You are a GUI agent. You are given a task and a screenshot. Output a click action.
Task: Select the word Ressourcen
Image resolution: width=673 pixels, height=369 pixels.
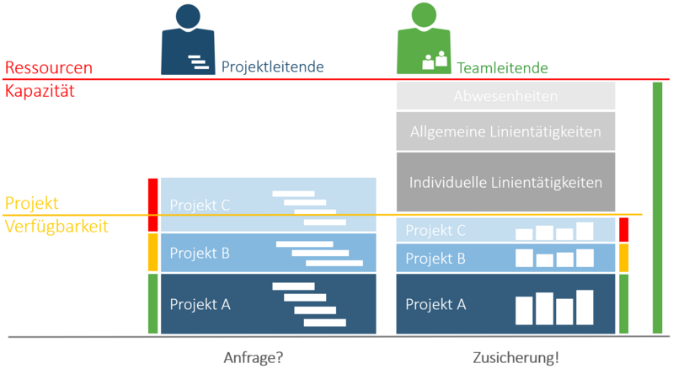pos(49,68)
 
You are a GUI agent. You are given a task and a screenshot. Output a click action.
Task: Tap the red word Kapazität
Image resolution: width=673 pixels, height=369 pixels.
pos(40,91)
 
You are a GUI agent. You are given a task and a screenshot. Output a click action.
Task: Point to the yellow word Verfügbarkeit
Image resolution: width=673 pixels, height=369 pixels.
pos(56,226)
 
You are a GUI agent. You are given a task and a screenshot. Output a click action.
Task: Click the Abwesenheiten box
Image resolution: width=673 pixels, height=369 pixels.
pos(505,96)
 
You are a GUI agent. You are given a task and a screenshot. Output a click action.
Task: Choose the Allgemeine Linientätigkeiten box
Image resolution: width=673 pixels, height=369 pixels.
pos(505,131)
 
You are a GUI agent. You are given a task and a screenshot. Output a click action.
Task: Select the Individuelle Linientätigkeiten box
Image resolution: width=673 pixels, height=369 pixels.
pos(505,181)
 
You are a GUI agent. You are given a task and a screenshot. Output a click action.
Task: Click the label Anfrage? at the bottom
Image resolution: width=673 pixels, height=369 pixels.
pos(253,356)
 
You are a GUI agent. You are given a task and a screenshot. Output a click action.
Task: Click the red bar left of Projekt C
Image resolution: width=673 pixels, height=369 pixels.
pos(152,205)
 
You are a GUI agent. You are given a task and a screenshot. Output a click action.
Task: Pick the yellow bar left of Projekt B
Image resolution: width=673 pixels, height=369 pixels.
pos(152,252)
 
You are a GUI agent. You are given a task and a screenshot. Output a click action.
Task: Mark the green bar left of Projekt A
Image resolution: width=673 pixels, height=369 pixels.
pos(152,303)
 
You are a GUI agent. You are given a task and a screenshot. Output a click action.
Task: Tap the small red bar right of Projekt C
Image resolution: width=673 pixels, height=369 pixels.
pos(623,230)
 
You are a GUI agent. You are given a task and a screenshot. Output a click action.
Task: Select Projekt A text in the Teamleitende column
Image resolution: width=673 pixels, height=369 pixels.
pos(435,304)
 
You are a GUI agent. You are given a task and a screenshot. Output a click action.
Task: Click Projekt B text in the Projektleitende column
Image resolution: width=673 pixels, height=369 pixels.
pos(200,252)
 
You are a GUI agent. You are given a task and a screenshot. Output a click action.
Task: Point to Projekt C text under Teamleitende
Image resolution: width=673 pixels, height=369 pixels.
pos(435,230)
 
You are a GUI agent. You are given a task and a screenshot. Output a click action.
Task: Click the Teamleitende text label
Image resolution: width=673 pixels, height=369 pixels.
pos(503,68)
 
